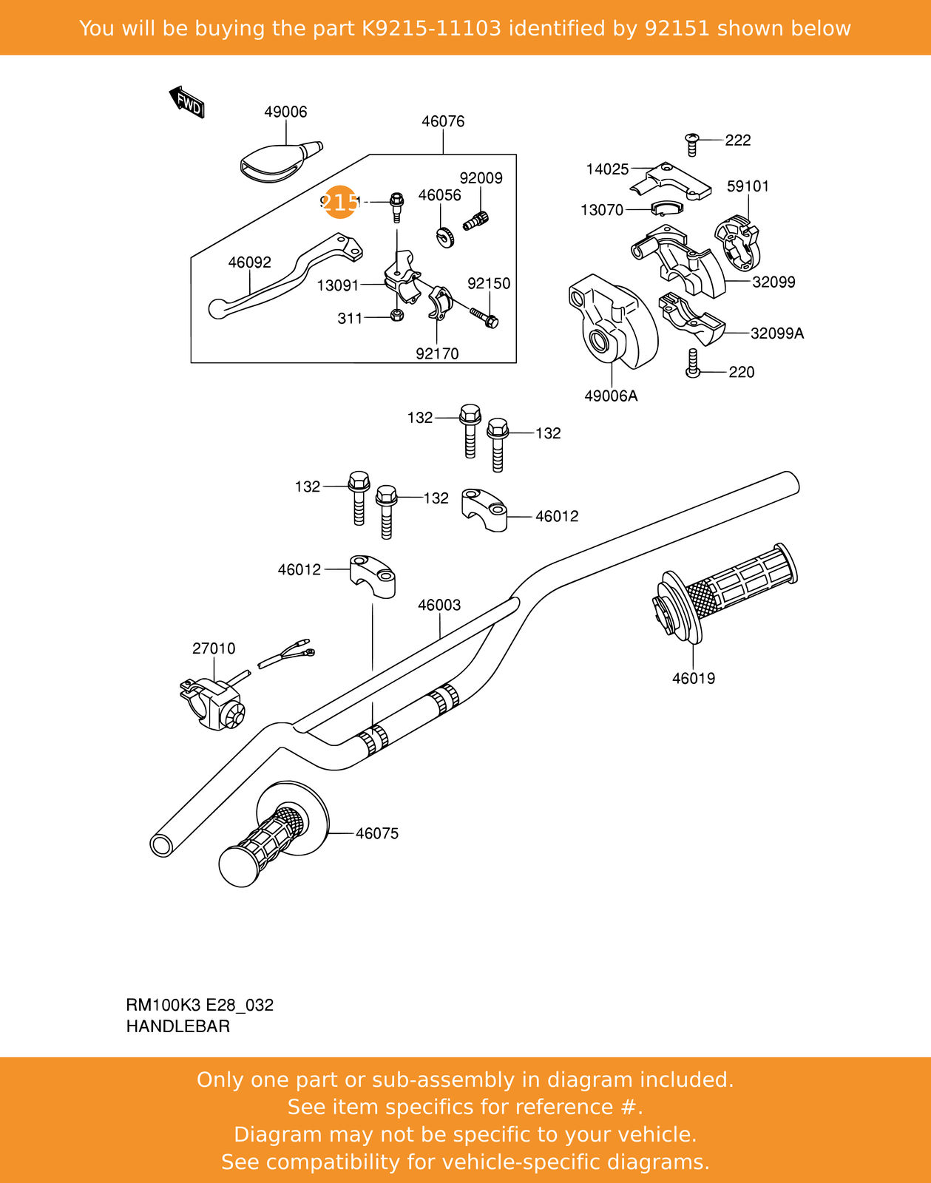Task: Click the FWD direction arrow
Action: [x=187, y=103]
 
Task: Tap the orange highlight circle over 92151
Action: [x=340, y=202]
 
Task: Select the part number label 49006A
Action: [x=611, y=396]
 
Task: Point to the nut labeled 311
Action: [x=396, y=316]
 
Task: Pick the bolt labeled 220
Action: [x=693, y=363]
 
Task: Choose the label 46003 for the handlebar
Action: [x=439, y=605]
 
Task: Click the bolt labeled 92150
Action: [x=485, y=318]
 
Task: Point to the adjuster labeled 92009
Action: [x=476, y=220]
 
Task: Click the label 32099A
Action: [x=776, y=333]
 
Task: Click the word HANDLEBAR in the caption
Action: [x=178, y=1026]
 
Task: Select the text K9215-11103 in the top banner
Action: [x=431, y=28]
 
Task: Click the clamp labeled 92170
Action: [x=439, y=303]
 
